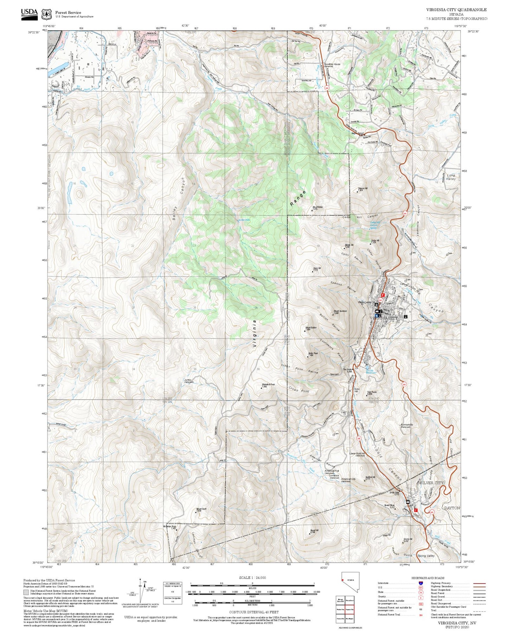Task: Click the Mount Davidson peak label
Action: [340, 311]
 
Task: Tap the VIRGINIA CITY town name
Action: [384, 318]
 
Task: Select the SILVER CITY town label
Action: [432, 483]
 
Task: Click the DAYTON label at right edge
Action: [452, 508]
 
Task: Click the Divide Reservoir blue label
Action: [371, 371]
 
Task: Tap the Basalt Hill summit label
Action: [314, 531]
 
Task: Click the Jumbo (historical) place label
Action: [188, 381]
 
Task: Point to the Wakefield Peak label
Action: [268, 385]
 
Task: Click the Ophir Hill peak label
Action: [315, 269]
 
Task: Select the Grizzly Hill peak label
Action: [408, 540]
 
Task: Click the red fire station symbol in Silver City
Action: [416, 510]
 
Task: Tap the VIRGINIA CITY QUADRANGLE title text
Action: [456, 10]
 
